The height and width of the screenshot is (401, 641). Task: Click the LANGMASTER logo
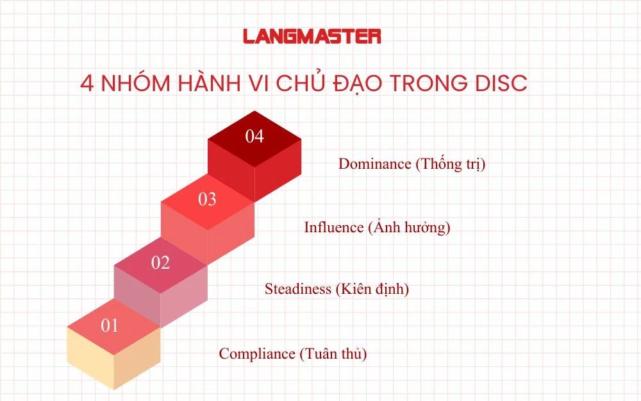[x=312, y=36]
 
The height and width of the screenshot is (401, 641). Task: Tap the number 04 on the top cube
[x=254, y=137]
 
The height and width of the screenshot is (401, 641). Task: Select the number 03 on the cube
[x=207, y=200]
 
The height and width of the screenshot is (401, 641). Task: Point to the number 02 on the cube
[x=160, y=262]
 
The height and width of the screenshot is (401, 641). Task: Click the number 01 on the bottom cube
[x=110, y=326]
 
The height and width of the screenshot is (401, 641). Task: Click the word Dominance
[x=374, y=164]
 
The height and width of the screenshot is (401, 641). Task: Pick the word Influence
[x=333, y=227]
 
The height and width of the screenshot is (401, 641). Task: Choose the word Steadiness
[x=298, y=289]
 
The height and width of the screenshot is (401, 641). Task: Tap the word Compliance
[x=256, y=354]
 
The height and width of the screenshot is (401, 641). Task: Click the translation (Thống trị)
[x=451, y=164]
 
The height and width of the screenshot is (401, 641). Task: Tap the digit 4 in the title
[x=87, y=85]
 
